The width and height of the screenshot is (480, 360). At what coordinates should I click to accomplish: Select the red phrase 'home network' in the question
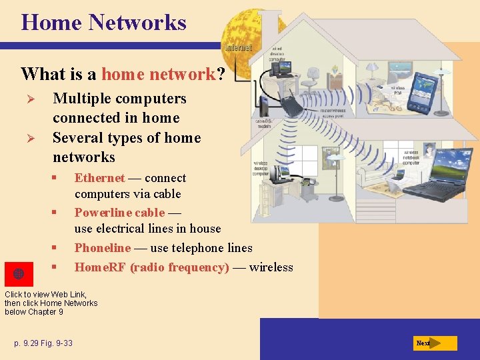tap(159, 74)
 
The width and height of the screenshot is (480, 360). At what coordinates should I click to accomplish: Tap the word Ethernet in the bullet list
tap(99, 178)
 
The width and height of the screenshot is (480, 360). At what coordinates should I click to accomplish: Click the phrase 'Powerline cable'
tap(119, 213)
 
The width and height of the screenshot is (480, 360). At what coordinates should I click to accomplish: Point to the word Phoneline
tap(103, 248)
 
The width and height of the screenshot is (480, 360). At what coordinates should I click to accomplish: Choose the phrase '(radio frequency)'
tap(179, 267)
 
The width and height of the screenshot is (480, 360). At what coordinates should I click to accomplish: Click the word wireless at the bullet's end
tap(271, 267)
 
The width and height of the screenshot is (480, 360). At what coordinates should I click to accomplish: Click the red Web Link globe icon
tap(19, 274)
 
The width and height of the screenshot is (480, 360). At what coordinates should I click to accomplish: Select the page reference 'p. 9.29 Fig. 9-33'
tap(43, 343)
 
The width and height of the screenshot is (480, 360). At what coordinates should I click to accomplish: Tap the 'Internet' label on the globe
tap(239, 48)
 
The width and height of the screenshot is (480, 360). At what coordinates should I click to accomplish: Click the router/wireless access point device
tap(291, 105)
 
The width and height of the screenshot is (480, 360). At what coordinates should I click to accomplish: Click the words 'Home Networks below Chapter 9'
tap(51, 307)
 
